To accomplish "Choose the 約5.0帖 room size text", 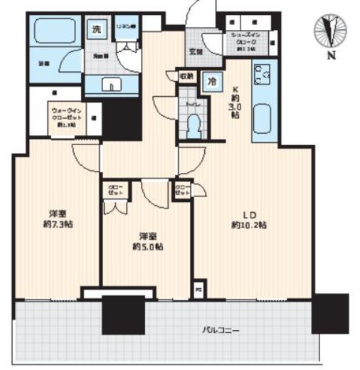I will (x=146, y=246).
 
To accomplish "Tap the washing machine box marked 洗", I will (x=96, y=30).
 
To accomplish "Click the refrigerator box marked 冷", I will (x=211, y=81).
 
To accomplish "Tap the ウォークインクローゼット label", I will (x=65, y=115).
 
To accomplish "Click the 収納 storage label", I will (x=186, y=75).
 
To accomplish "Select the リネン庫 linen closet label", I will (x=127, y=27).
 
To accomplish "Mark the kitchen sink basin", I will (x=261, y=118).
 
